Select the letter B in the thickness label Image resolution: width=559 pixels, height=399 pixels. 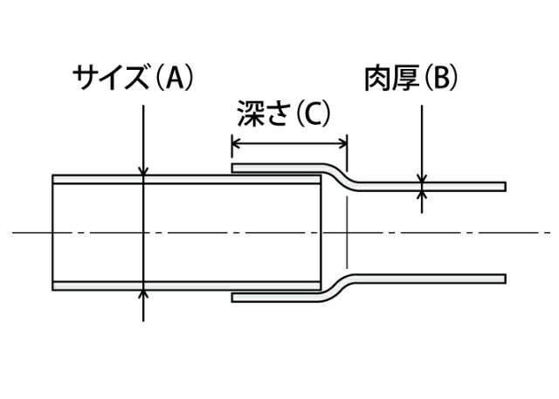pyautogui.click(x=438, y=79)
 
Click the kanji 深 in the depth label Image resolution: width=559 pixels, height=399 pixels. pyautogui.click(x=250, y=114)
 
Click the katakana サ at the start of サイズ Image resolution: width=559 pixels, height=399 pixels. pyautogui.click(x=84, y=79)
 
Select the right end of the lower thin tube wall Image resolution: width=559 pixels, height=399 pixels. pyautogui.click(x=504, y=279)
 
